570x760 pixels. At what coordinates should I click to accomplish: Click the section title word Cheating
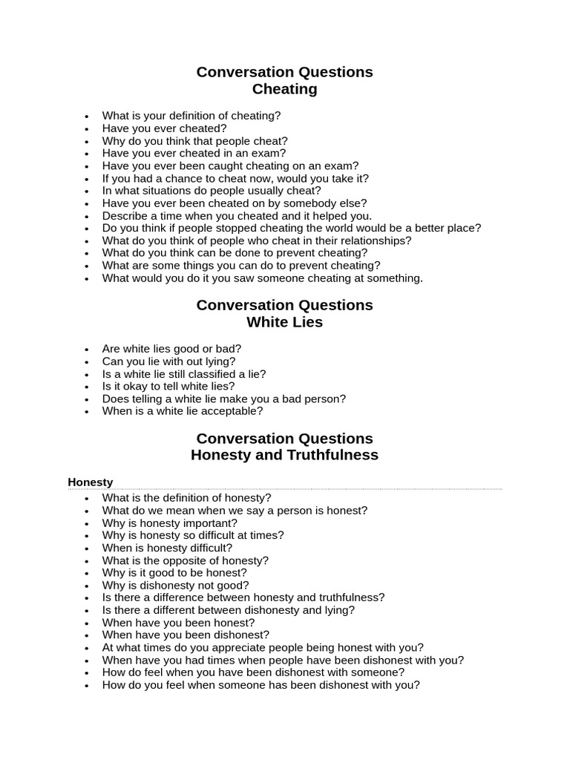pos(284,90)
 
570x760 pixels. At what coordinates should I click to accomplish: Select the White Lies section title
pos(284,323)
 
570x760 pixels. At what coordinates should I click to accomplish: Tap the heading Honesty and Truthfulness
pos(284,455)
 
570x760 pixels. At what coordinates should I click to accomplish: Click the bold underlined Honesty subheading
pos(90,482)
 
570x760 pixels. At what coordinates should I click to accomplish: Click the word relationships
pos(374,240)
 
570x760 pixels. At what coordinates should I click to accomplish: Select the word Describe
pos(125,216)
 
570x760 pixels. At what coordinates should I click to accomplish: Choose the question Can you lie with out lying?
pos(168,361)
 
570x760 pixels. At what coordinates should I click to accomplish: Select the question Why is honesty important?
pos(170,523)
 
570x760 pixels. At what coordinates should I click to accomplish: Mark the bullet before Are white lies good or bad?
pos(87,350)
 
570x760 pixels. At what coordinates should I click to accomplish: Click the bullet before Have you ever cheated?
pos(87,129)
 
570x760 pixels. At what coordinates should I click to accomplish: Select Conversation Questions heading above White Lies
pos(284,305)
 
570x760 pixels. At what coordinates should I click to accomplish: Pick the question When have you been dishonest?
pos(186,635)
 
